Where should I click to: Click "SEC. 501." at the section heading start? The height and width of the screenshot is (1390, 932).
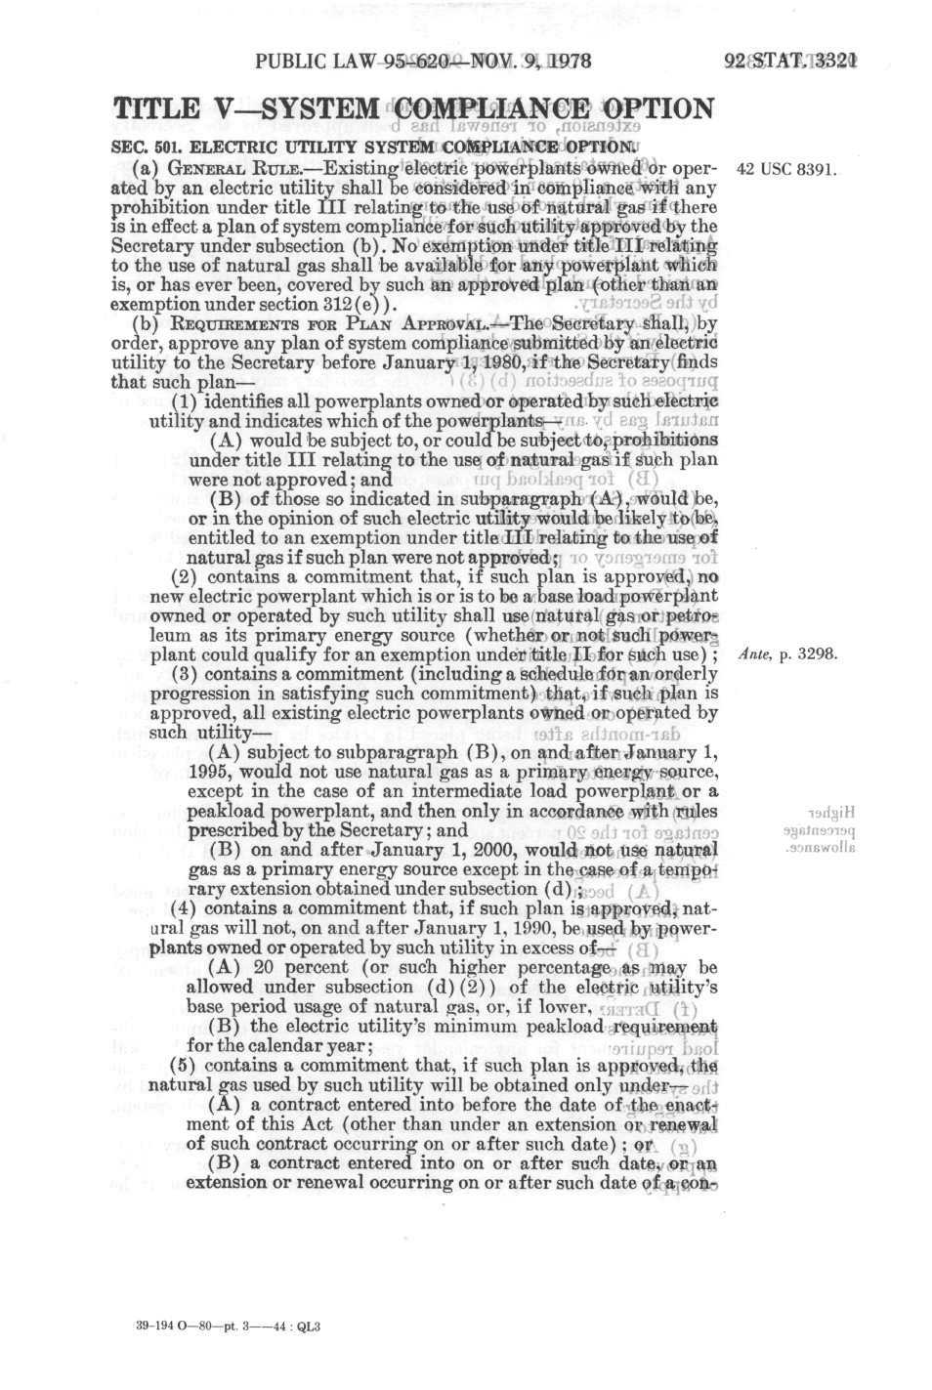tap(148, 147)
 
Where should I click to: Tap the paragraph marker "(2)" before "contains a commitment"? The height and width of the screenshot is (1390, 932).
tap(185, 576)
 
